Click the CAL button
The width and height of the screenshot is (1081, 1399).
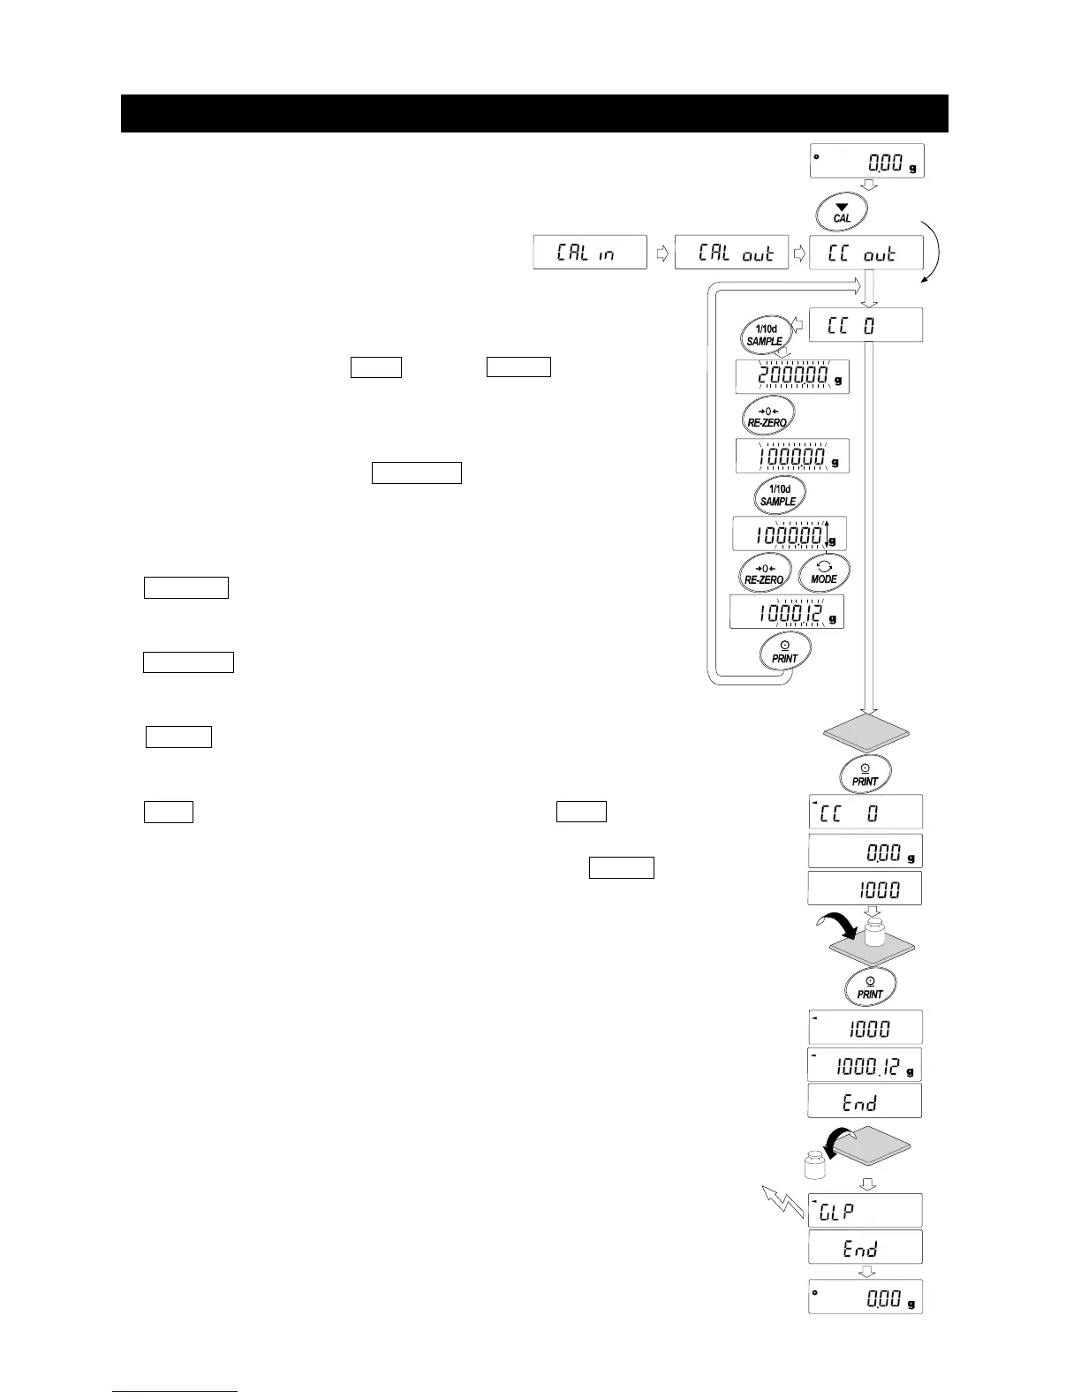(x=843, y=213)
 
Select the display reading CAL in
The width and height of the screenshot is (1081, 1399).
(x=590, y=253)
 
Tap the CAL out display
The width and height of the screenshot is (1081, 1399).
(x=731, y=253)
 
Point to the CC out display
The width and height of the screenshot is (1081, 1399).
(x=866, y=253)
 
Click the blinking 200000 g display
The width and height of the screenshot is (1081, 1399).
(x=792, y=377)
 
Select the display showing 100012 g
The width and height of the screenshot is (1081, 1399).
(x=787, y=611)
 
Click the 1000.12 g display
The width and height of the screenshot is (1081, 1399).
(x=866, y=1065)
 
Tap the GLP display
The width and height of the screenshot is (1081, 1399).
(x=866, y=1210)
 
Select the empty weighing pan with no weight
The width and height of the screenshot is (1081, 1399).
(x=866, y=733)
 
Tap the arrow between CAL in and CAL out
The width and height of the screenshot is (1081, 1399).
(x=661, y=253)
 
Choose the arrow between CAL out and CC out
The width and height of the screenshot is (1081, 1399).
(x=799, y=253)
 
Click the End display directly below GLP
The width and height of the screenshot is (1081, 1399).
(x=866, y=1247)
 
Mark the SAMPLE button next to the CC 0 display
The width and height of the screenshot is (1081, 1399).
(x=764, y=335)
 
